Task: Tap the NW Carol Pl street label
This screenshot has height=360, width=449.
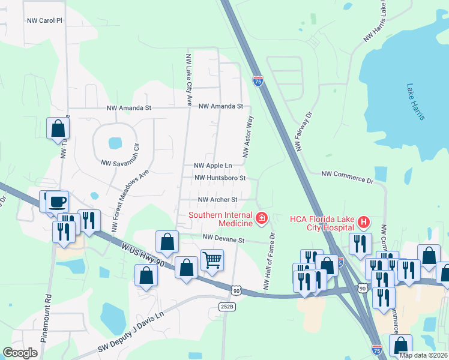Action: (44, 20)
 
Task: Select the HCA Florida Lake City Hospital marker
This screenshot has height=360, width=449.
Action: (363, 223)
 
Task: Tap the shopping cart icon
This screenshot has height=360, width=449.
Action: (212, 260)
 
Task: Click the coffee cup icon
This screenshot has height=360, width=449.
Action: (57, 202)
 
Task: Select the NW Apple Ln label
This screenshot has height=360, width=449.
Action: (212, 165)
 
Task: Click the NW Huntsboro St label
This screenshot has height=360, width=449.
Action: (220, 178)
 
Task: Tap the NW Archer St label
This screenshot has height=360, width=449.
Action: (218, 199)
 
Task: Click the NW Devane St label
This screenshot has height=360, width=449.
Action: (224, 239)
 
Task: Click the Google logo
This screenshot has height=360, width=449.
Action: (20, 353)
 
